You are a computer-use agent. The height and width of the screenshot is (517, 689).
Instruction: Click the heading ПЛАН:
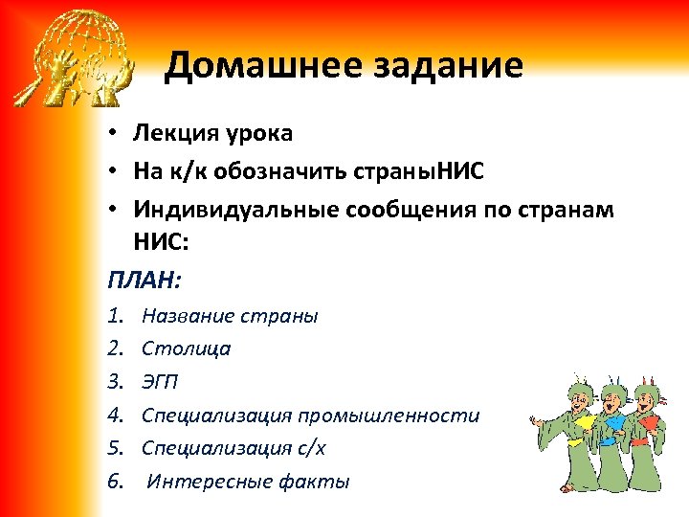coord(144,281)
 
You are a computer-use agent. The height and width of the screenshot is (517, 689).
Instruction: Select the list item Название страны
coord(230,316)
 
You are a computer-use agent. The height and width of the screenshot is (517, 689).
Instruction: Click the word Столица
coord(186,348)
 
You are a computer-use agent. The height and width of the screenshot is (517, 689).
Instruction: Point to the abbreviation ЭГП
coord(160,382)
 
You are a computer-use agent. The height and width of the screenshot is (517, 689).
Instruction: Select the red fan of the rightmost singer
coord(650,422)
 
